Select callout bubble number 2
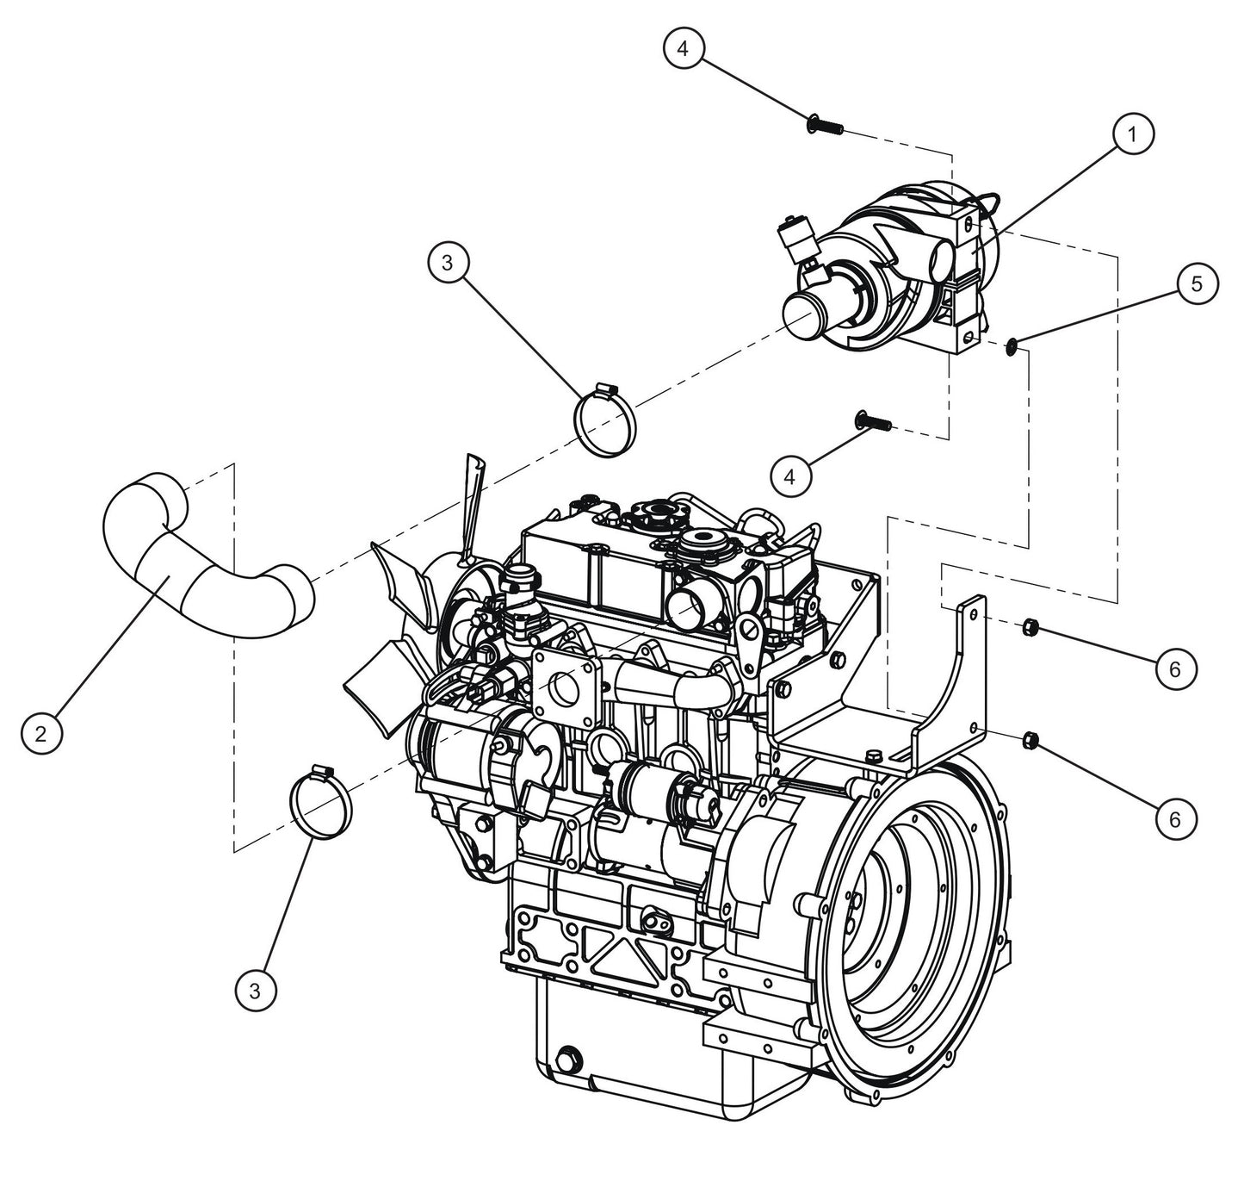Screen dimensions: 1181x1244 tap(41, 733)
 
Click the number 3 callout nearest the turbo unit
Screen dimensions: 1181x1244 tap(447, 264)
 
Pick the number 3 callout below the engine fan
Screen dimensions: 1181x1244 tap(256, 991)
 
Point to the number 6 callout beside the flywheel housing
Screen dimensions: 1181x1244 tap(1176, 819)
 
